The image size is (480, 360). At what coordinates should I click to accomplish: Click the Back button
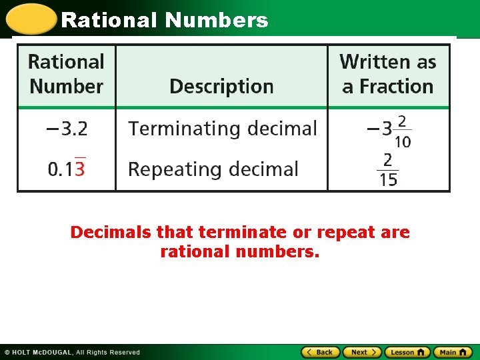point(321,352)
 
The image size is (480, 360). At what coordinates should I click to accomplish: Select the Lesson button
point(407,352)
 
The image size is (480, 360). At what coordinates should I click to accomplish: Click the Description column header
point(221,87)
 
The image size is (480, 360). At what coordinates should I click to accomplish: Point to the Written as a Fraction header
point(387,74)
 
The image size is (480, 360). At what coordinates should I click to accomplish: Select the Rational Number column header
point(66,74)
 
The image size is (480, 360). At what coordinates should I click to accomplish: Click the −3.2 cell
point(67,128)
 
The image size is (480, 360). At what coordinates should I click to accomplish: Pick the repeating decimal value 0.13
point(66,169)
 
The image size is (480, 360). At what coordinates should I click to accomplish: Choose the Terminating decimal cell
point(223,128)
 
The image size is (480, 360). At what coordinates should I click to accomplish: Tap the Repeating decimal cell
point(213,169)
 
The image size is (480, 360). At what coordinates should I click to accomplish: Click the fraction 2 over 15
point(387,169)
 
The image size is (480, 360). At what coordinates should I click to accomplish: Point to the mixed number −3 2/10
point(389,129)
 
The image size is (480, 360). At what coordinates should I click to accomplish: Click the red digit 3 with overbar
point(80,169)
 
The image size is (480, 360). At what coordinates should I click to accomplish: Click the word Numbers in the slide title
point(217,20)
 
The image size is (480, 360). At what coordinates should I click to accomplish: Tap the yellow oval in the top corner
point(30,19)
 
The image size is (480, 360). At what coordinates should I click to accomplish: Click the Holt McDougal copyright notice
point(72,352)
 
